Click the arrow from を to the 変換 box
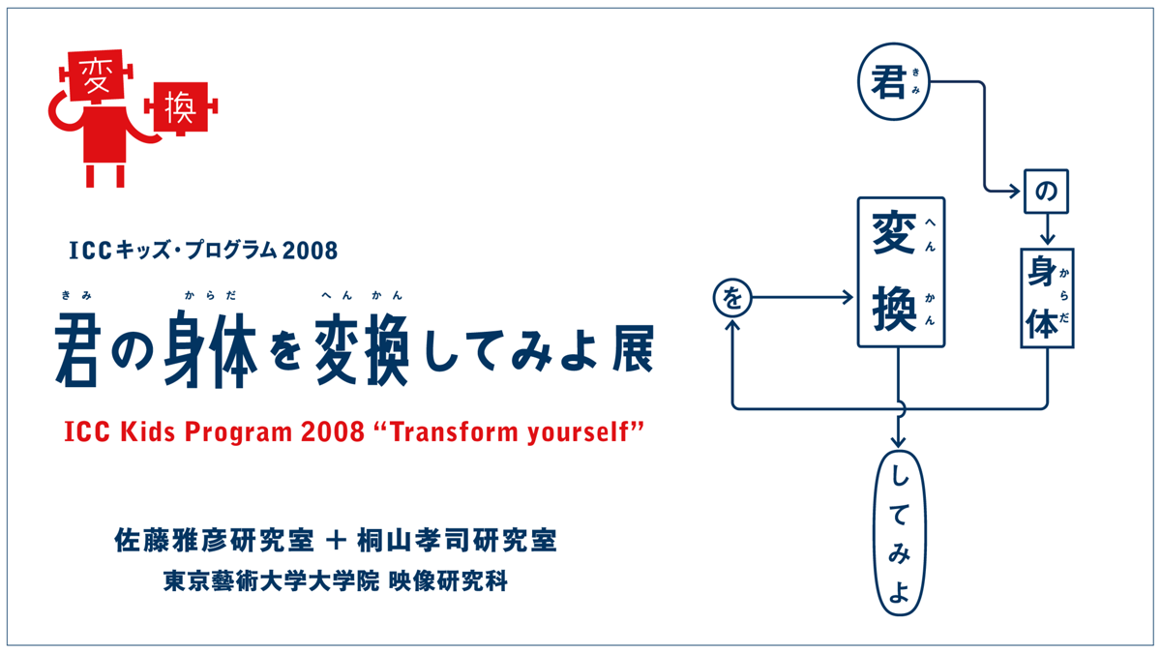click(802, 298)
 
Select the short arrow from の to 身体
click(1047, 229)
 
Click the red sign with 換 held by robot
click(181, 107)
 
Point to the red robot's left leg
click(90, 176)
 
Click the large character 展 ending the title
click(633, 348)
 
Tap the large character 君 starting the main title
click(75, 350)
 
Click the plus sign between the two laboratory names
click(336, 541)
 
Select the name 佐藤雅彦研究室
click(214, 541)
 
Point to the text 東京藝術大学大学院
click(272, 581)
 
